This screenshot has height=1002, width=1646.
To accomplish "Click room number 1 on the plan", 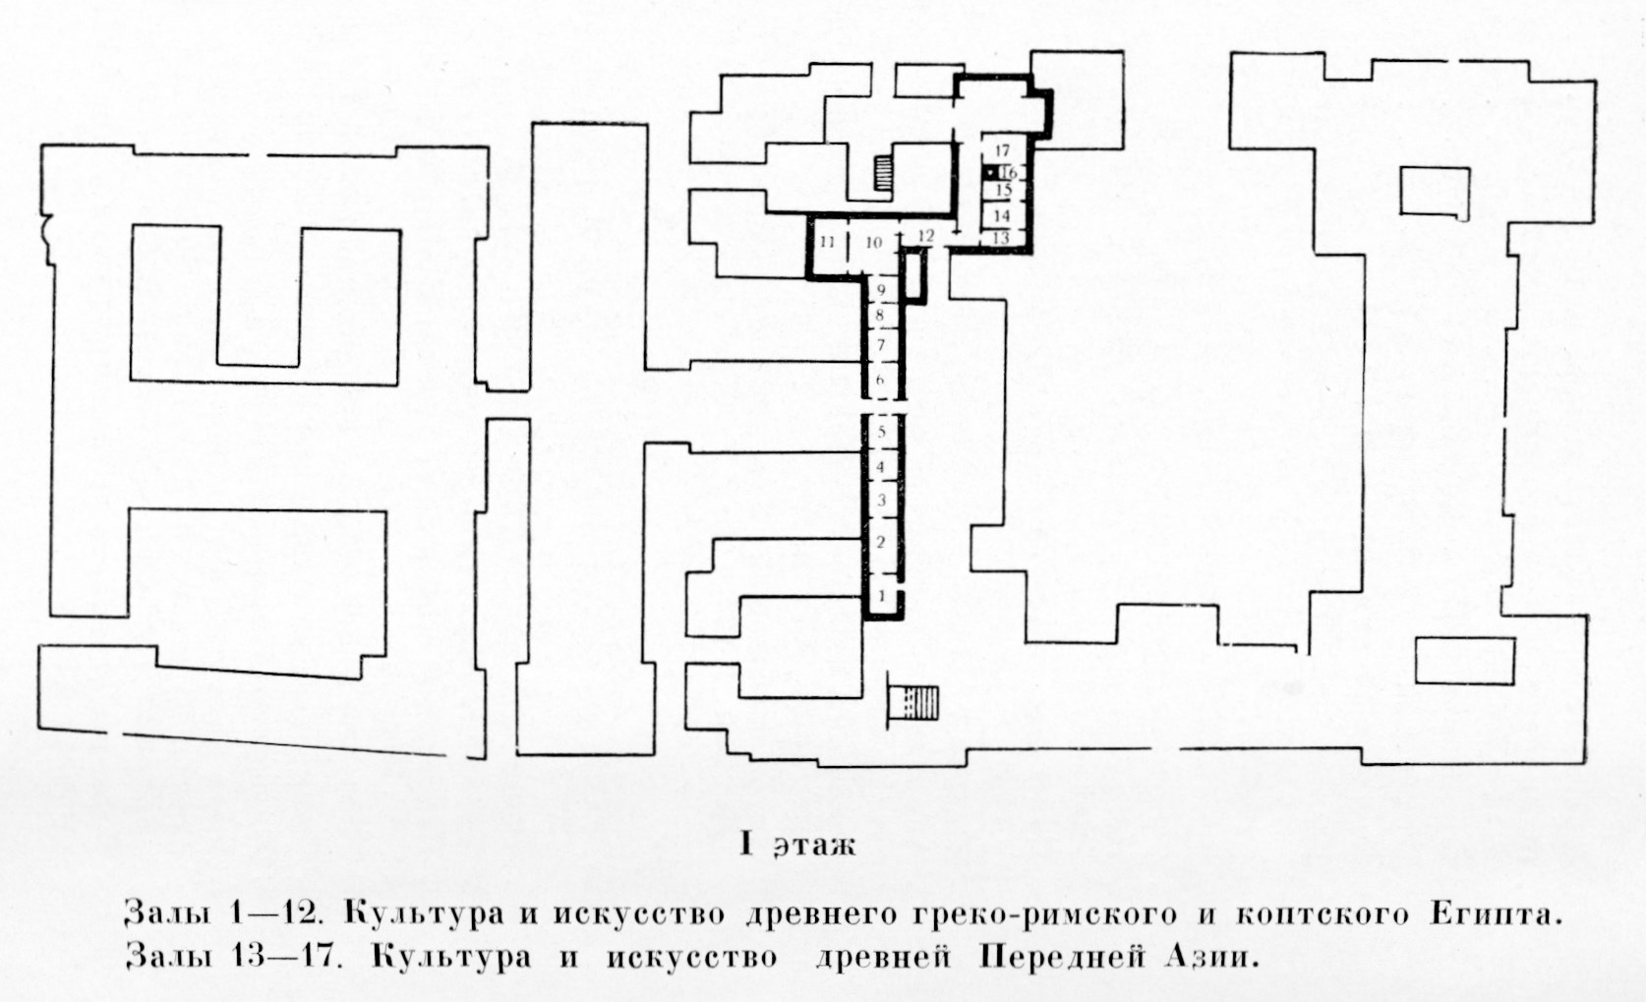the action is click(x=882, y=595).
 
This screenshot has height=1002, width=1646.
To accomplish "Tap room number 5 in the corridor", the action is click(x=882, y=433).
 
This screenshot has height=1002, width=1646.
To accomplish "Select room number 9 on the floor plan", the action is click(x=881, y=291).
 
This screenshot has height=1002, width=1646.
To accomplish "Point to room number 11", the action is click(x=827, y=243).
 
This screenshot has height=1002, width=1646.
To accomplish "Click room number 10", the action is click(x=874, y=243).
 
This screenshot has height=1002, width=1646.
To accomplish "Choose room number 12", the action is click(x=926, y=236).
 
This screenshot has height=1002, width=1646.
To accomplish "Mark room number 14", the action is click(x=1002, y=216).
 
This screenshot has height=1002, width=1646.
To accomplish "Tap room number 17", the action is click(x=1002, y=150).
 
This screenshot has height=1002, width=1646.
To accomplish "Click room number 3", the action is click(x=882, y=501).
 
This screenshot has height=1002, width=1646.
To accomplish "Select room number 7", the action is click(x=881, y=344).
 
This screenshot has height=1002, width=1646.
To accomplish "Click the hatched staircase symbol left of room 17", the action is click(x=883, y=174).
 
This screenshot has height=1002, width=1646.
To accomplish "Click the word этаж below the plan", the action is click(x=816, y=847).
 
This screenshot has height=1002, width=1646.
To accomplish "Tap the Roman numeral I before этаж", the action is click(x=747, y=845).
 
